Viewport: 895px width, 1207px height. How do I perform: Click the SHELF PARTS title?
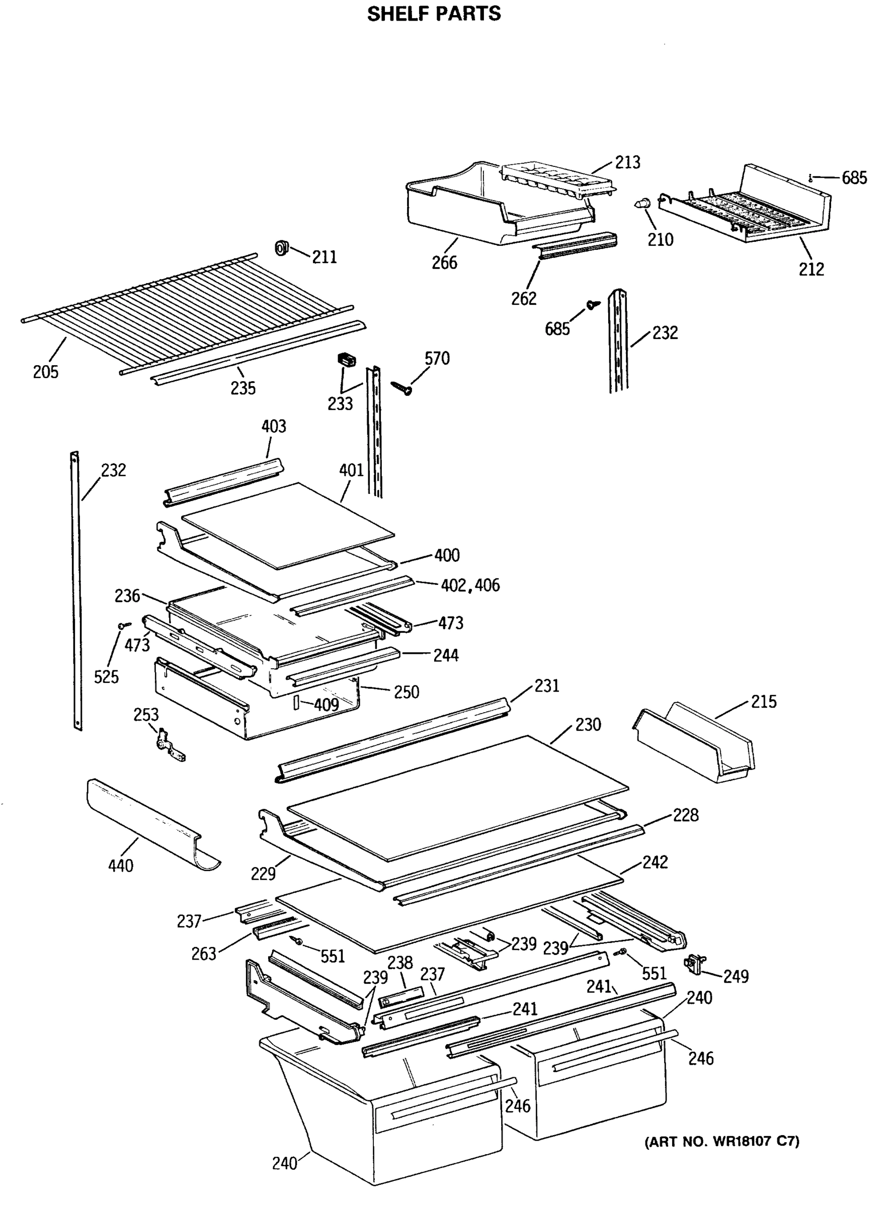(x=434, y=14)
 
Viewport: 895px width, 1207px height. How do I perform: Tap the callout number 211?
(x=324, y=256)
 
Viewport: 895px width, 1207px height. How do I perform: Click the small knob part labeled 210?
(x=641, y=204)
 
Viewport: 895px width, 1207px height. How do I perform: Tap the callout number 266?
(x=444, y=263)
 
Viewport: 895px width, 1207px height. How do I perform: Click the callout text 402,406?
(x=470, y=585)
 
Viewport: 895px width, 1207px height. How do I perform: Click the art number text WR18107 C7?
(x=721, y=1142)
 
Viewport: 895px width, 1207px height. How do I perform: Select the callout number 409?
(x=326, y=705)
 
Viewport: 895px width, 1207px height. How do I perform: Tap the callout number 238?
(x=400, y=963)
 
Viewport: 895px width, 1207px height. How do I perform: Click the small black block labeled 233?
(x=345, y=360)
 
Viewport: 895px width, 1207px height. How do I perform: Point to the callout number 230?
(x=588, y=725)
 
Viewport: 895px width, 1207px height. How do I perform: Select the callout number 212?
(x=811, y=269)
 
